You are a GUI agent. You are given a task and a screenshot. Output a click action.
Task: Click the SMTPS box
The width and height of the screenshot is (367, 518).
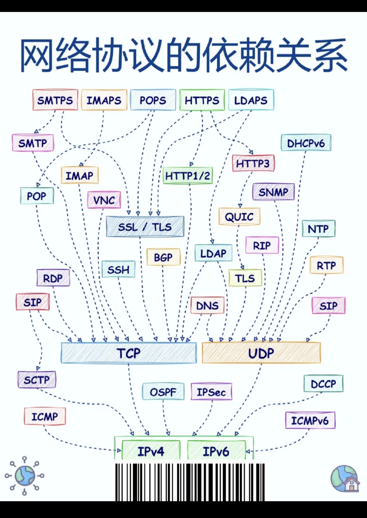(55, 100)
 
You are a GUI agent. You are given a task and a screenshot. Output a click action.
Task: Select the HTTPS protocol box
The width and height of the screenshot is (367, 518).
(202, 100)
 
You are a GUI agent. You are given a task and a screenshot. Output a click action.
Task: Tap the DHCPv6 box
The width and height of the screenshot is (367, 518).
(306, 143)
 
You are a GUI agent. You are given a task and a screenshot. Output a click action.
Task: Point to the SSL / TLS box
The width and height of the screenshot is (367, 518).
(145, 227)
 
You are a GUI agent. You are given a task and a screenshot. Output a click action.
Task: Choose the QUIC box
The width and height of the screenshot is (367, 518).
(239, 217)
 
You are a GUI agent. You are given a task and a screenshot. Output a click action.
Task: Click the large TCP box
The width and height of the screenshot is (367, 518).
(129, 353)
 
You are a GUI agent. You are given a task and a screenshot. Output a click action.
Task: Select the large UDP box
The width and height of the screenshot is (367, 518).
(261, 353)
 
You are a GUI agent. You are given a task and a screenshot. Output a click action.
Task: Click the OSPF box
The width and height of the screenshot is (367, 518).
(163, 392)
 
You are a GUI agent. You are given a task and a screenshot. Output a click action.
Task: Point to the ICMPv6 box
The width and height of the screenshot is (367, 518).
(310, 420)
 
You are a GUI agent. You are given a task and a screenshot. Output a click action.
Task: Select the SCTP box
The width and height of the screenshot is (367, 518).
(37, 380)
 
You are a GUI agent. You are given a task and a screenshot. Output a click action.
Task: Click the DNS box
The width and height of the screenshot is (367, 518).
(207, 305)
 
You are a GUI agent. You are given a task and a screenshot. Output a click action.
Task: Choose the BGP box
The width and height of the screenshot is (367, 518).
(163, 257)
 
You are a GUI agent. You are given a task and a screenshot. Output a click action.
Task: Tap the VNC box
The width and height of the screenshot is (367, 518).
(104, 200)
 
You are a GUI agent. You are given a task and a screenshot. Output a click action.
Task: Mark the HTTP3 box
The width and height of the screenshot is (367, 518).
(253, 163)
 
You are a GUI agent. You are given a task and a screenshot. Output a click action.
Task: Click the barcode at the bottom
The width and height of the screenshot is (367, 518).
(190, 482)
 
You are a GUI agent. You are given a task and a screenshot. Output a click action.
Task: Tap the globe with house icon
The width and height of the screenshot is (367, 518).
(345, 479)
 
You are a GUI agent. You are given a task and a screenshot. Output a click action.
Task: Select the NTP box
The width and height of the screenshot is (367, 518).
(318, 228)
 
